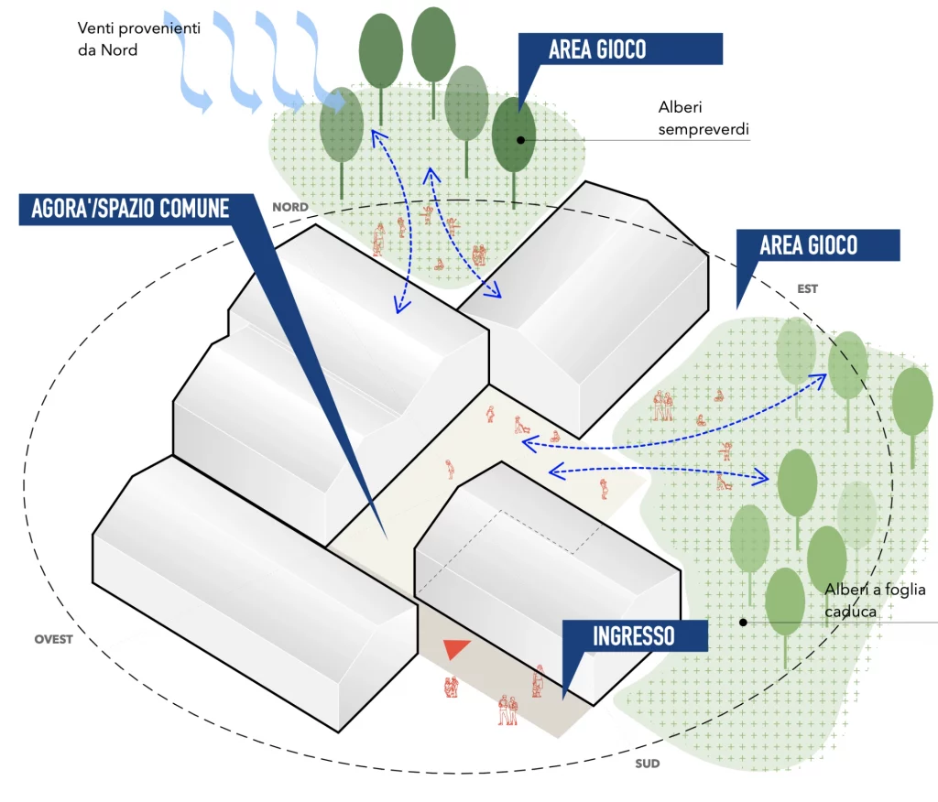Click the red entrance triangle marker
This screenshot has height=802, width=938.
[x=455, y=649]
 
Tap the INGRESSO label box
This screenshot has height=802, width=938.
[x=634, y=636]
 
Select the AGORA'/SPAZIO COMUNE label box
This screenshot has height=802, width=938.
[x=130, y=208]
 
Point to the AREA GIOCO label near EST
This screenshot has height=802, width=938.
[x=808, y=245]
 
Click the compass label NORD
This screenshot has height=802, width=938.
[x=289, y=207]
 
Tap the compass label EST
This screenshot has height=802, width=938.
[x=807, y=289]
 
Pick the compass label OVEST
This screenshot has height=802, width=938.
[x=53, y=639]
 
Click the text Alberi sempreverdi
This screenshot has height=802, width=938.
[x=703, y=119]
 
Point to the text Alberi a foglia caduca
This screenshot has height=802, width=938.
[x=875, y=600]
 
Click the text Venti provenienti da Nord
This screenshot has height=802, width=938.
[x=139, y=38]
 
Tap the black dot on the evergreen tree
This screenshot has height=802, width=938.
[x=520, y=140]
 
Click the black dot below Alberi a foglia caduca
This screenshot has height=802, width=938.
[x=743, y=623]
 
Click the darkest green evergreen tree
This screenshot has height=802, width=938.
[x=513, y=137]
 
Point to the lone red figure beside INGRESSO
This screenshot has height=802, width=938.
[x=539, y=681]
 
